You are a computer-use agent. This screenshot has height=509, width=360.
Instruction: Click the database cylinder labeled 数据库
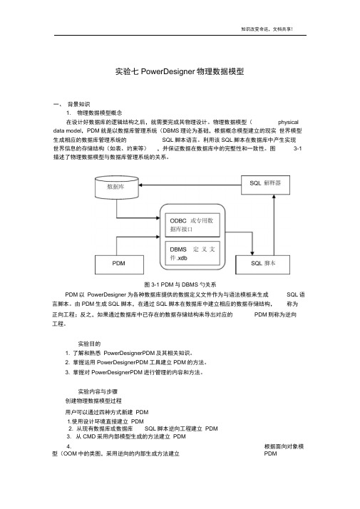[x=116, y=187]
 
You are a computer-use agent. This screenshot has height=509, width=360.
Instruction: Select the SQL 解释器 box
[x=265, y=185]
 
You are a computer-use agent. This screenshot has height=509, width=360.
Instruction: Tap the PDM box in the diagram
[x=119, y=264]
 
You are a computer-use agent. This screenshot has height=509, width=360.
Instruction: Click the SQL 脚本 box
[x=262, y=264]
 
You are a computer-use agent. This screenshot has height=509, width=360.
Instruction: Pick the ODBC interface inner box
[x=192, y=225]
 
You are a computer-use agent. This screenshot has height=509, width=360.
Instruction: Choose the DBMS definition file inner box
[x=192, y=253]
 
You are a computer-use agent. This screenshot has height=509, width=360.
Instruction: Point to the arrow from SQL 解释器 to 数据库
[x=190, y=185]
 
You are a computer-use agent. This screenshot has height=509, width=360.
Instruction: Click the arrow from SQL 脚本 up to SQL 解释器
[x=274, y=225]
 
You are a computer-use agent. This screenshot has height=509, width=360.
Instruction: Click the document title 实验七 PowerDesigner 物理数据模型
[x=180, y=71]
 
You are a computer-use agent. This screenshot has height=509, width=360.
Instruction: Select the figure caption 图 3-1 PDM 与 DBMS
[x=180, y=284]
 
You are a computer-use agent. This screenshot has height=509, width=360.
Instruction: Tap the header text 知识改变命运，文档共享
[x=267, y=29]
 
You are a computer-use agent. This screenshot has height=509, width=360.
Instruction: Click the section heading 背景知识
[x=78, y=104]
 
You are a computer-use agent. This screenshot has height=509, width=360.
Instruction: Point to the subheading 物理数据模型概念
[x=99, y=113]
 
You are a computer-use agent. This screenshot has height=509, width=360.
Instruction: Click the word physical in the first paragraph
[x=288, y=122]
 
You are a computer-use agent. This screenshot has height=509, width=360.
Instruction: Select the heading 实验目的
[x=89, y=344]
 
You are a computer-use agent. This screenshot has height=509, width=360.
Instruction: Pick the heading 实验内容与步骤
[x=98, y=391]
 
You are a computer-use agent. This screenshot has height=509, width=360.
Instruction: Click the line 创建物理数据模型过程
[x=93, y=401]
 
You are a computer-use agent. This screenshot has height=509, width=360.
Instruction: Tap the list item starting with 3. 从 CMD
[x=126, y=436]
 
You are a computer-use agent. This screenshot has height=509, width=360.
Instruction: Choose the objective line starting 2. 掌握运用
[x=136, y=362]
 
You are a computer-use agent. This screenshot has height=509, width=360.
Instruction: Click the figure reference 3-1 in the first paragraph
[x=298, y=148]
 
